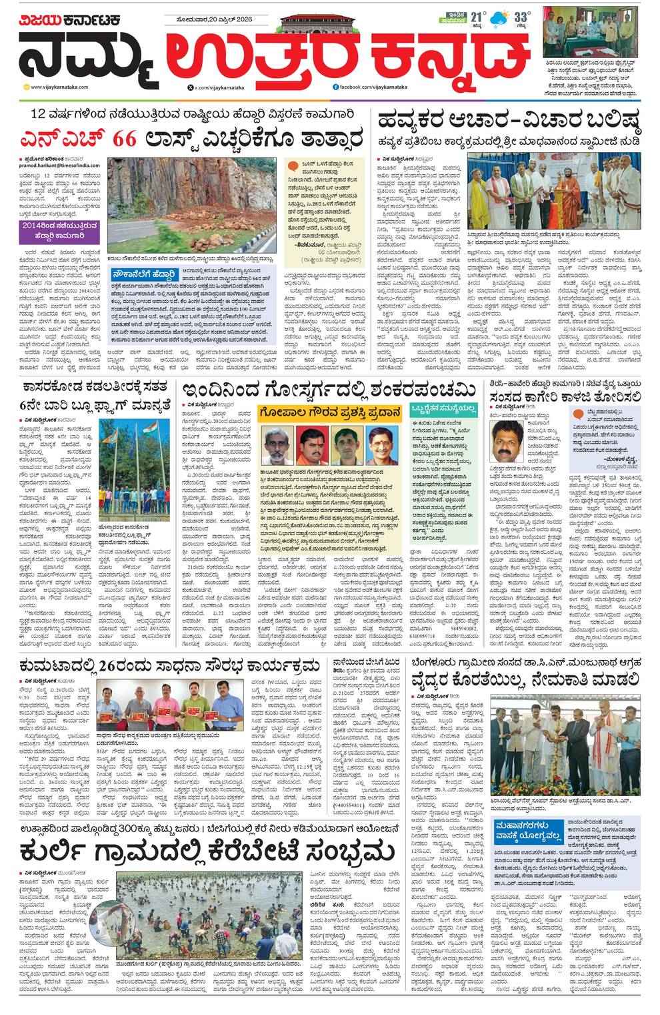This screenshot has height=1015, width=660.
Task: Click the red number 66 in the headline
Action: pyautogui.click(x=125, y=139)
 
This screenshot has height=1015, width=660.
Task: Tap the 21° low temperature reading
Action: pyautogui.click(x=477, y=18)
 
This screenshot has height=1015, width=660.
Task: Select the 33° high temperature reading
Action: pyautogui.click(x=522, y=18)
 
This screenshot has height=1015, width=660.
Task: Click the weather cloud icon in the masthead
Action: pyautogui.click(x=497, y=20)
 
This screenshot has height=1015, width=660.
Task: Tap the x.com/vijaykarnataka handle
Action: pyautogui.click(x=219, y=87)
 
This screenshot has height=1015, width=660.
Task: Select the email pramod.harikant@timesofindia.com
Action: pyautogui.click(x=57, y=163)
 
